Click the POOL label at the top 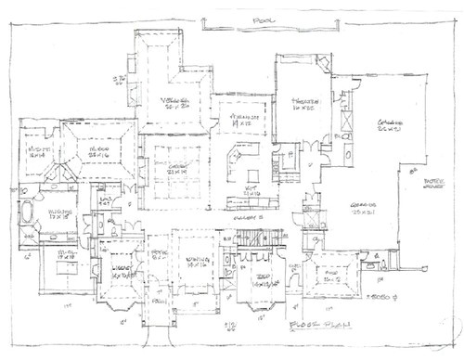pyautogui.click(x=246, y=19)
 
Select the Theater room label pyautogui.click(x=303, y=104)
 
